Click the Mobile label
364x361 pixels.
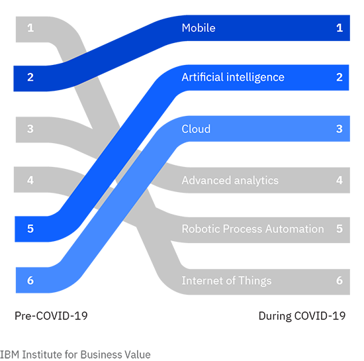point(199,28)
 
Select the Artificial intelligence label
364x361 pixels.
point(233,77)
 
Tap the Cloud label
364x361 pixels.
point(196,129)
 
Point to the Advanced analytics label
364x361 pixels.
point(230,180)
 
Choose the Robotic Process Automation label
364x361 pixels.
point(253,229)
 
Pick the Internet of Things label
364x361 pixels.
point(226,281)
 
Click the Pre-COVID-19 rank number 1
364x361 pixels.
point(30,28)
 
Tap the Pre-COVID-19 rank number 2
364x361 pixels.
point(30,77)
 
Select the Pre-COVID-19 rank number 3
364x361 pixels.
point(30,129)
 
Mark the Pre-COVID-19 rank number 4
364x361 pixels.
point(30,180)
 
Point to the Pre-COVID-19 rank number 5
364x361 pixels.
point(30,229)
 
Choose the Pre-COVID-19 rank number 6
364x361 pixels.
point(30,280)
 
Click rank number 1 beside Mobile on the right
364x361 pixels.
point(340,28)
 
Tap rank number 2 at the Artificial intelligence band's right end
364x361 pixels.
point(340,77)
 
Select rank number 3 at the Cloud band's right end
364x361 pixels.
point(340,129)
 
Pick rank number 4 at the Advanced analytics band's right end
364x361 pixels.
point(340,180)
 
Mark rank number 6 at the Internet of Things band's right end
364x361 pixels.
point(340,280)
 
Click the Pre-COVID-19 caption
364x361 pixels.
point(51,316)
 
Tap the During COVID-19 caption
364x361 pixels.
point(302,316)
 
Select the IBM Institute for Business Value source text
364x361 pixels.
point(75,355)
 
